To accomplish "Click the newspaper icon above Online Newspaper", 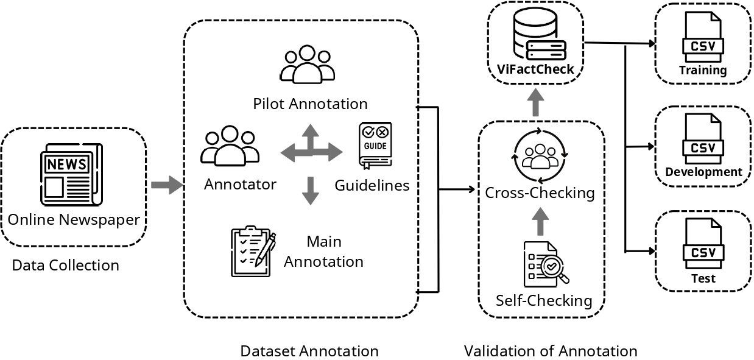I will (x=71, y=174).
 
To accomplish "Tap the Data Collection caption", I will (x=65, y=266).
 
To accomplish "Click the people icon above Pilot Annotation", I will (x=308, y=65).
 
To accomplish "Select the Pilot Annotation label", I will (x=310, y=104).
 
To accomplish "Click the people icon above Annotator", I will (x=230, y=146).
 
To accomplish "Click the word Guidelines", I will (x=372, y=185).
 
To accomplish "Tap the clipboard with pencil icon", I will (x=253, y=251).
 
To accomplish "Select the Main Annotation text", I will (x=323, y=252).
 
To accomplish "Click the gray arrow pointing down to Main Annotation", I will (x=311, y=191).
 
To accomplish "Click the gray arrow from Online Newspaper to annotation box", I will (x=166, y=185).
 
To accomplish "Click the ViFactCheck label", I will (x=535, y=69).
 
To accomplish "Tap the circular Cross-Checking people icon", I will (x=540, y=156).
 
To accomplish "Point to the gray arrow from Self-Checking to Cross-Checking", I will (x=540, y=221).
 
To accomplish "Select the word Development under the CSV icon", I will (x=703, y=172).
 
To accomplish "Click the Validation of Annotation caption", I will (x=551, y=351).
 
